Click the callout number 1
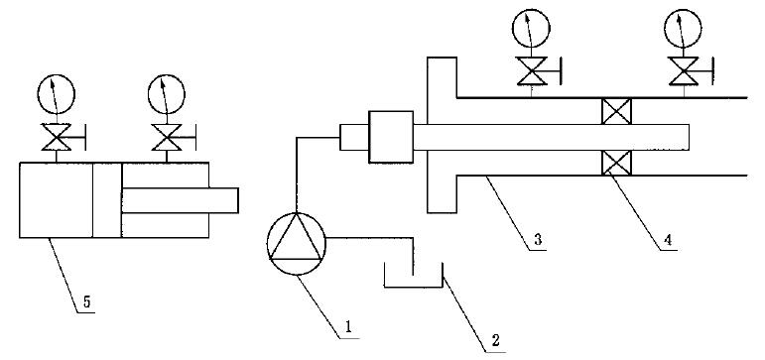(x=348, y=328)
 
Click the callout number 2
(x=495, y=340)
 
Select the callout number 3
(x=536, y=240)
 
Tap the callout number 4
(x=667, y=240)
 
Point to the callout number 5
(x=86, y=301)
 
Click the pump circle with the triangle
(x=296, y=244)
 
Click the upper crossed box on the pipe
(x=617, y=111)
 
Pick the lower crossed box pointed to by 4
(x=617, y=163)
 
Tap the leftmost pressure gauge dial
(x=57, y=94)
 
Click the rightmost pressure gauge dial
(x=683, y=29)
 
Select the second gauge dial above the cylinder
(x=167, y=94)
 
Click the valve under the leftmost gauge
(x=58, y=137)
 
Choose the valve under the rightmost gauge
(x=684, y=70)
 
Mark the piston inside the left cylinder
(x=107, y=200)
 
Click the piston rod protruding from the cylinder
(x=180, y=200)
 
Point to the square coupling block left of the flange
(x=391, y=137)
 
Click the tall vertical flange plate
(x=442, y=135)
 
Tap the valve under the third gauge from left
(x=532, y=70)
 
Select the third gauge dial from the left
(x=531, y=29)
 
